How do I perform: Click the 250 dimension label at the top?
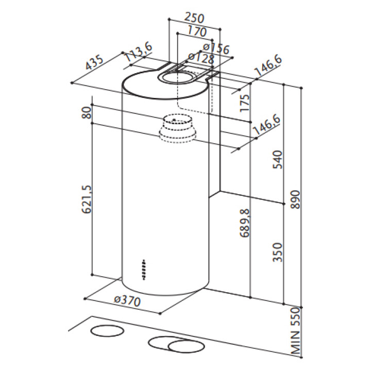click(x=194, y=18)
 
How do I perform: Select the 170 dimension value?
click(x=197, y=31)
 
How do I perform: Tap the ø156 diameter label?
click(x=216, y=48)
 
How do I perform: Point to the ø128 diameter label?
click(x=200, y=58)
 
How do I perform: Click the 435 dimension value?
click(x=94, y=63)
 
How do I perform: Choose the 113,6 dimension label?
click(x=139, y=53)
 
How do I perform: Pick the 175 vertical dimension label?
click(x=244, y=103)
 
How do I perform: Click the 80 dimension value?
click(x=87, y=113)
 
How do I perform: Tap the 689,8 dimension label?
click(x=245, y=223)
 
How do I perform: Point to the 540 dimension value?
click(x=278, y=159)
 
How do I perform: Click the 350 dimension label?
click(x=278, y=252)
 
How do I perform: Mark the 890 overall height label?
click(x=295, y=199)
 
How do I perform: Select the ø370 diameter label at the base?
click(x=128, y=301)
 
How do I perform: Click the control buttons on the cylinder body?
click(x=144, y=270)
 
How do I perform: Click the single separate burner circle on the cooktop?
click(x=107, y=331)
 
